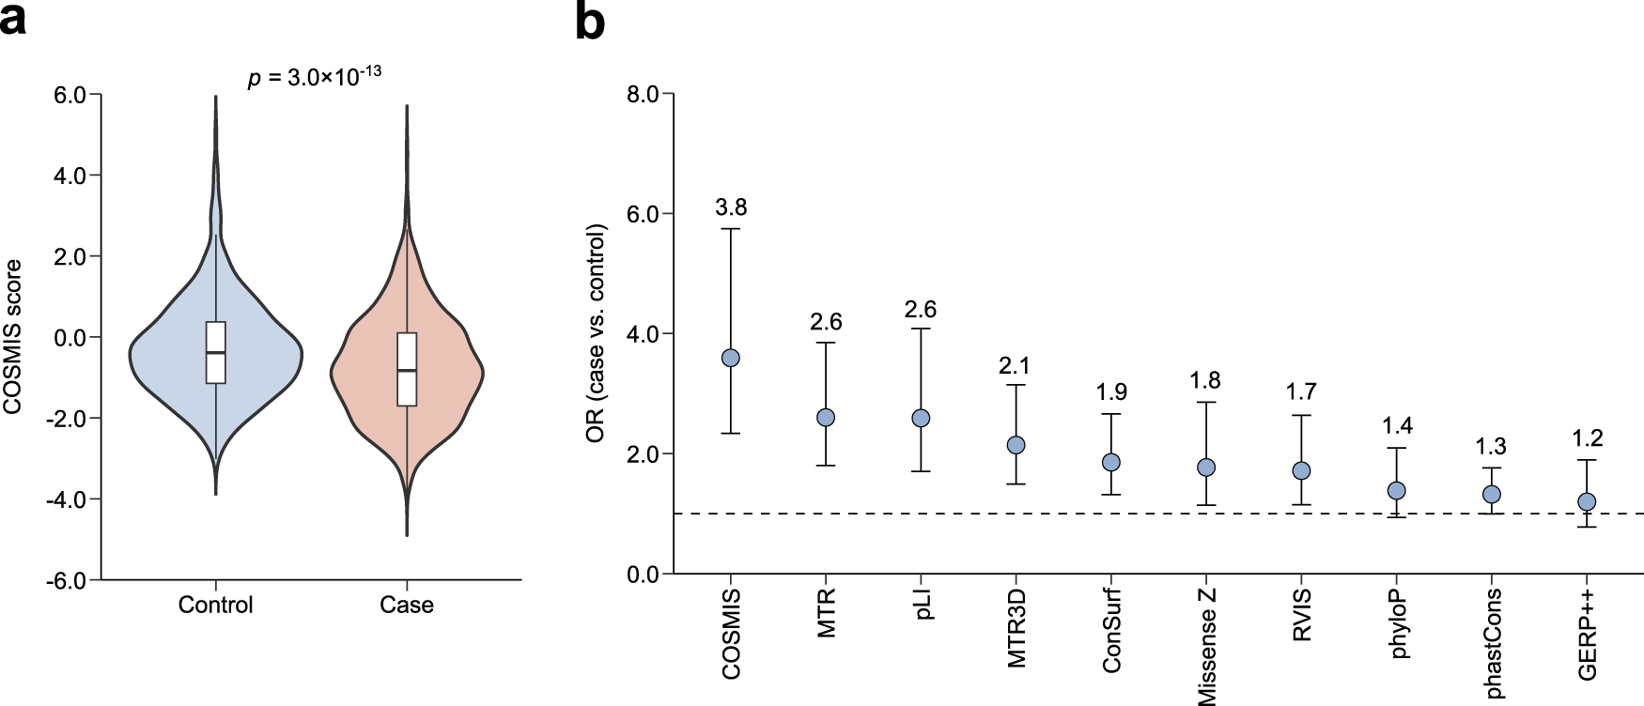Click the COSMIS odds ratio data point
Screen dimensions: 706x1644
pos(730,358)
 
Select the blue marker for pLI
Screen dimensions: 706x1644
pos(921,418)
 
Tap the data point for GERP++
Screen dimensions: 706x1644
pos(1587,501)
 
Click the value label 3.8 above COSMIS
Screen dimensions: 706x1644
pos(731,207)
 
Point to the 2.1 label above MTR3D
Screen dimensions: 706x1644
pos(1015,365)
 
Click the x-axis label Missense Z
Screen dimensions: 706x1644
pos(1207,646)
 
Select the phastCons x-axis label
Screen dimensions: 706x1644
pos(1493,643)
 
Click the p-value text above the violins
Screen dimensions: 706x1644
pos(314,77)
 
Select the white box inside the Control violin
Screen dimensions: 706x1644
pos(216,352)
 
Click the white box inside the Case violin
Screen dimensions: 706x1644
pos(407,369)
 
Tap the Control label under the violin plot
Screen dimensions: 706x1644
pos(216,606)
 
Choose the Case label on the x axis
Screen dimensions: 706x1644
pos(407,606)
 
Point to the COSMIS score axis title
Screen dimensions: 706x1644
pos(13,337)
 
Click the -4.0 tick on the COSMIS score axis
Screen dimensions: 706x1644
pos(66,499)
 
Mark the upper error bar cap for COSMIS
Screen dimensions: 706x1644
pos(730,229)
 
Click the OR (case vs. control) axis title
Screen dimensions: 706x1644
pos(596,333)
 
